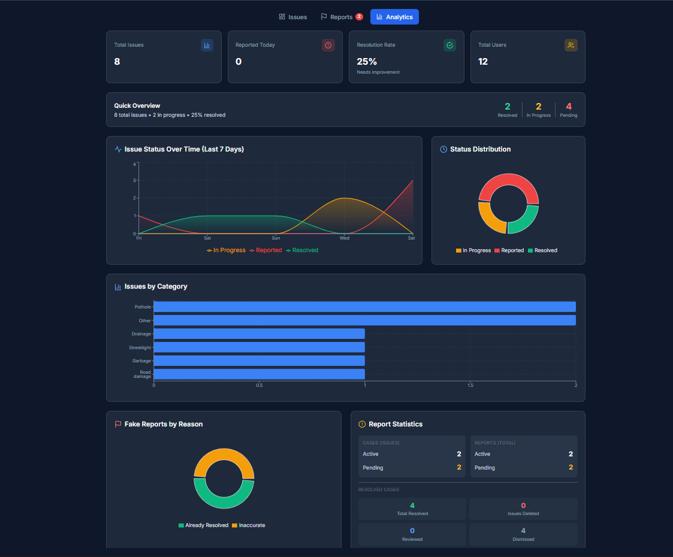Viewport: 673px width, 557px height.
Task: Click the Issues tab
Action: (293, 17)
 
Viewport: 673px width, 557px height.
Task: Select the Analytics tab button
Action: (394, 17)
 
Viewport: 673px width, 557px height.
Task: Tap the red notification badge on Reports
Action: (359, 17)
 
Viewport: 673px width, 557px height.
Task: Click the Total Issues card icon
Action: (207, 45)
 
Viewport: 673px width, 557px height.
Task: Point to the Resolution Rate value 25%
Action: (367, 61)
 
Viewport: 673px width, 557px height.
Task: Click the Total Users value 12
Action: (483, 61)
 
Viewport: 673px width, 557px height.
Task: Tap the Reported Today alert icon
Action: (328, 45)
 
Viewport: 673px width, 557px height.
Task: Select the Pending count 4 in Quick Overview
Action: (569, 107)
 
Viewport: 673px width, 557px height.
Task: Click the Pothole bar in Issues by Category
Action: (364, 307)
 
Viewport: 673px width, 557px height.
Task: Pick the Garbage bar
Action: (259, 361)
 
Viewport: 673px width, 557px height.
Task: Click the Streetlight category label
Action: (140, 347)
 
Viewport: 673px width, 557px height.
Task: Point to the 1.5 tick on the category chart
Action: (470, 385)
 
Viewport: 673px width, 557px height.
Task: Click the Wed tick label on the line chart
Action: (345, 238)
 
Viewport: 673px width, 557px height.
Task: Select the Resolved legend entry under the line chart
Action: (303, 250)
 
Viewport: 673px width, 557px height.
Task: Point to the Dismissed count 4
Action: (523, 531)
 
